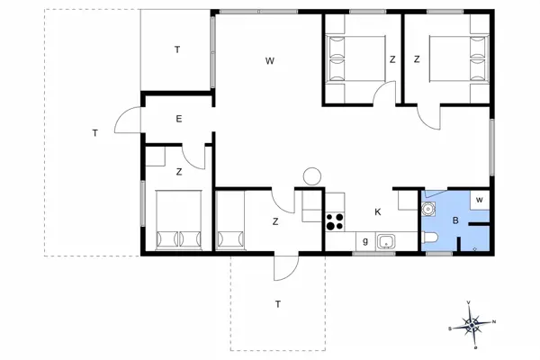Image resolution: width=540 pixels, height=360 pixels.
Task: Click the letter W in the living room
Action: coord(269,61)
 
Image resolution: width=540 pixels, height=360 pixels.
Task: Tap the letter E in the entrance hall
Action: coord(179,119)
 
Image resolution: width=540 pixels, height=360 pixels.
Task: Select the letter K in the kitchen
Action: coord(377,212)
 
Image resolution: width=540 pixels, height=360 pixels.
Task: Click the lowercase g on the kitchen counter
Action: coord(364,240)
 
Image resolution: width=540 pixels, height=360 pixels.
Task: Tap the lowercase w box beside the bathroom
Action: coord(480,200)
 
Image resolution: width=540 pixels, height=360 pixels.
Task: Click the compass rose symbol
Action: coord(474,321)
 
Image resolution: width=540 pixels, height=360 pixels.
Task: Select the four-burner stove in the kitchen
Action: coord(335,220)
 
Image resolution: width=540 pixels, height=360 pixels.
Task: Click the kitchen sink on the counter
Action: coord(388,241)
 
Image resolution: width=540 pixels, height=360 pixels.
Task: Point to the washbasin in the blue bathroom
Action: coord(429,208)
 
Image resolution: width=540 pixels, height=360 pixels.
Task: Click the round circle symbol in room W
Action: coord(312,176)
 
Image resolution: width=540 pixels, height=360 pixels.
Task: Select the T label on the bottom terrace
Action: coord(278,304)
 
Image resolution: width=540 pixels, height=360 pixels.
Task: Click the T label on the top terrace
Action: coord(177,49)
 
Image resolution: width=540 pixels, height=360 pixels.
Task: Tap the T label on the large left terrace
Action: coord(94,133)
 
